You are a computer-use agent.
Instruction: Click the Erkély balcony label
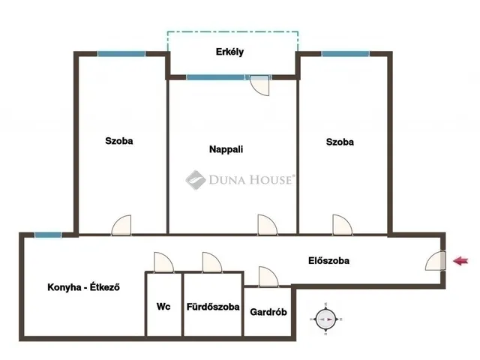click(x=229, y=52)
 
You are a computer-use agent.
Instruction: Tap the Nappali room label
click(x=226, y=149)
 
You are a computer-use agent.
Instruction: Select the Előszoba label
click(x=328, y=260)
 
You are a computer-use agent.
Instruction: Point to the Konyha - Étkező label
click(x=83, y=287)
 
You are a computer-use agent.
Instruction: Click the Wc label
click(x=163, y=307)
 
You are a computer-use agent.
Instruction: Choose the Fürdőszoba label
click(x=213, y=307)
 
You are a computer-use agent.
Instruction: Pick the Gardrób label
click(x=268, y=312)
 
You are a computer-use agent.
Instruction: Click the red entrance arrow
click(x=460, y=261)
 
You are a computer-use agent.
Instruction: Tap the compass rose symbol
click(x=325, y=319)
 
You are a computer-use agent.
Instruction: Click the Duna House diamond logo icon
click(x=196, y=180)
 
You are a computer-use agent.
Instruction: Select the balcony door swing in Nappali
click(x=260, y=85)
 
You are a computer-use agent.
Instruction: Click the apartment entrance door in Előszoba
click(x=435, y=261)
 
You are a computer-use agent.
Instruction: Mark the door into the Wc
click(x=163, y=262)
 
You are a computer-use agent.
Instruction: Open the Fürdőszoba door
click(x=211, y=262)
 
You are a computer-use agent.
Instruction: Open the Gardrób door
click(x=268, y=277)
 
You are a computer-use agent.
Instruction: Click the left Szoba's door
click(x=121, y=225)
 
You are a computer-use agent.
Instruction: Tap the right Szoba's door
click(x=343, y=225)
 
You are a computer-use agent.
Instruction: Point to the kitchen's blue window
click(x=48, y=235)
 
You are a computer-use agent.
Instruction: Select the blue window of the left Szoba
click(x=121, y=54)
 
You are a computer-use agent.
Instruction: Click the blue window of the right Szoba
click(x=345, y=54)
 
